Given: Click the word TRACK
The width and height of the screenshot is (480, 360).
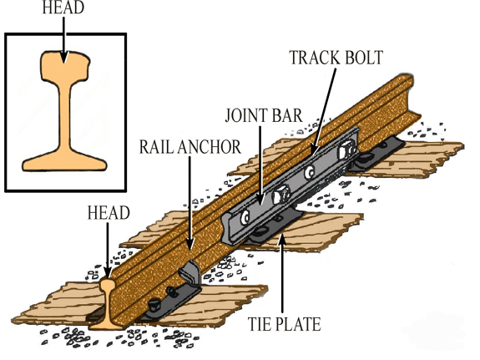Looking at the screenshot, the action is pos(314,58).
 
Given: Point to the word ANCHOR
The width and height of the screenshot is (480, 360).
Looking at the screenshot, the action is pos(210,147).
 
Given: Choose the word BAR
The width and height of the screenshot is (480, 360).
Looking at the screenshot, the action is pos(286,115).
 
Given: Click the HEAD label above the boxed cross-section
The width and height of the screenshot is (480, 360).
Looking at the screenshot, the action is pos(63,8).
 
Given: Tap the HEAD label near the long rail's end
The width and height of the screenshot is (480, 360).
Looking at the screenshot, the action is pos(109,213).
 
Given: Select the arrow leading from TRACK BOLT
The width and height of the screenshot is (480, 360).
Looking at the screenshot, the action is pos(323,112).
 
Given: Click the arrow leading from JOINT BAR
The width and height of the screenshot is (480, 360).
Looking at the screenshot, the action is pos(260,165).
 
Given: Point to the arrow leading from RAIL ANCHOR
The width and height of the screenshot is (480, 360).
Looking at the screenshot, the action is pos(189,203).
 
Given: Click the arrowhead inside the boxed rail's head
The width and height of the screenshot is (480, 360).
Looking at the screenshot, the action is pos(63,58).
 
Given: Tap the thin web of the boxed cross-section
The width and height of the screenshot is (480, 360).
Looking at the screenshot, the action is pos(64,116).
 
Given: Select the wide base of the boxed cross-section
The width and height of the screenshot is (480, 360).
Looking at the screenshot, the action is pos(64,162).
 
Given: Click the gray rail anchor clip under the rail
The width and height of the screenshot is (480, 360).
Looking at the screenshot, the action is pos(190,272).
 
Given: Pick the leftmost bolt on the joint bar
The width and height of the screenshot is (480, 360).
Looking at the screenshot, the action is pos(245,217).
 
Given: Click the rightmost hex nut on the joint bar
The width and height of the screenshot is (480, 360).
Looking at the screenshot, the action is pos(346,150).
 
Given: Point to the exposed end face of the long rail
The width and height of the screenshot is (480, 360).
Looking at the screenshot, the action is pos(107,303).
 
